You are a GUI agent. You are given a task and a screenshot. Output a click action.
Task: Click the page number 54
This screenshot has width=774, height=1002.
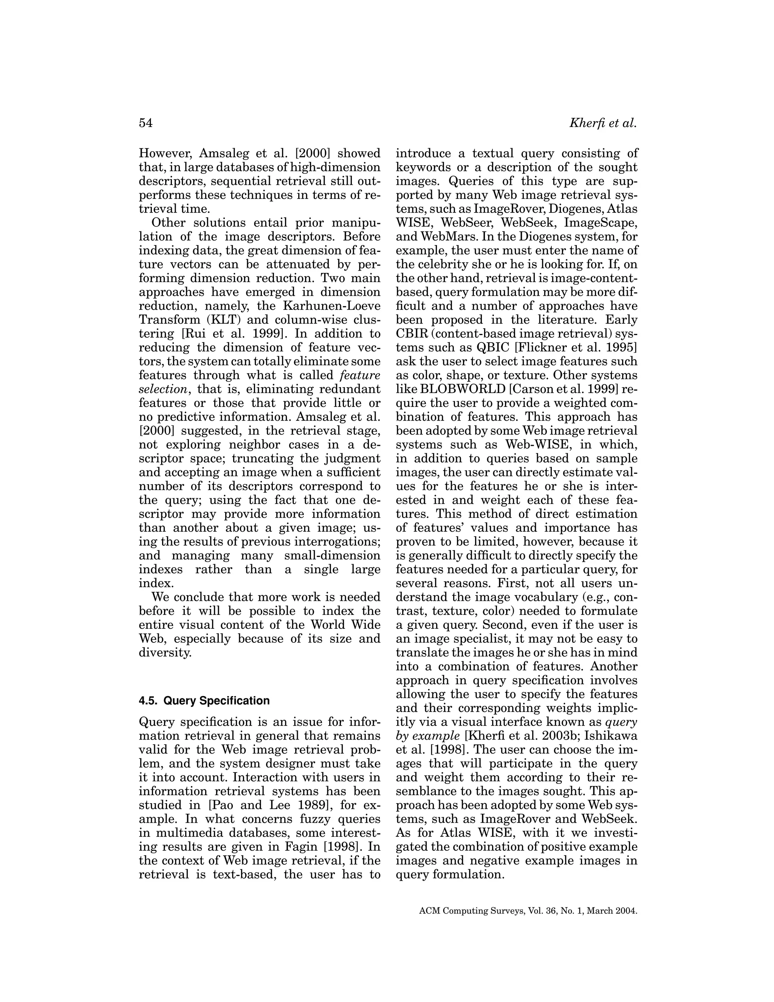tap(146, 123)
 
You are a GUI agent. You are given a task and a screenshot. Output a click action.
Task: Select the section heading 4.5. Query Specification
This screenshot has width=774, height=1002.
tap(204, 701)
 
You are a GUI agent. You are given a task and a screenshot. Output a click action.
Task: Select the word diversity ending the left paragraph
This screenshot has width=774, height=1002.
tap(165, 652)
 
